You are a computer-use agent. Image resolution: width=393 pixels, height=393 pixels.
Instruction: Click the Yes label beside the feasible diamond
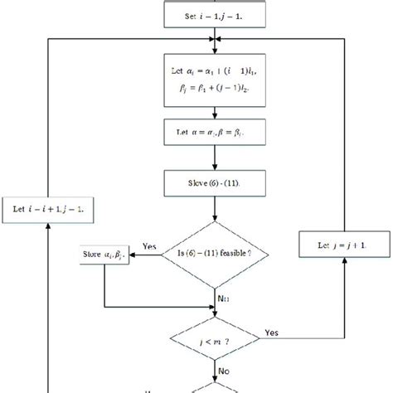pos(149,246)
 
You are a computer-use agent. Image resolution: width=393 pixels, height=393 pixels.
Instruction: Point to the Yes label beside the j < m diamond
pos(271,332)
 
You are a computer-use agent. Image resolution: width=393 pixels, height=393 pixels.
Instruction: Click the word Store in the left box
pos(93,254)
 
